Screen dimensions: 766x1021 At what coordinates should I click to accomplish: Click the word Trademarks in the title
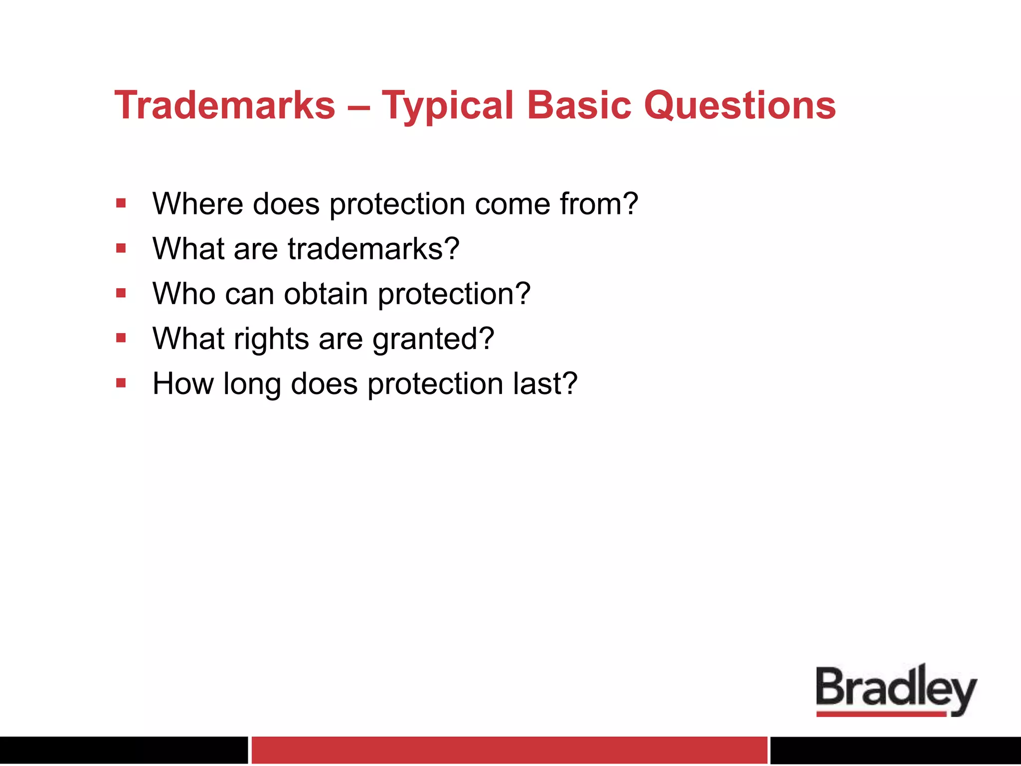click(x=225, y=105)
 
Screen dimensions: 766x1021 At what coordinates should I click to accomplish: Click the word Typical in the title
click(x=447, y=106)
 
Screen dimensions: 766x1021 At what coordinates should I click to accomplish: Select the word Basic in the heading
click(x=579, y=105)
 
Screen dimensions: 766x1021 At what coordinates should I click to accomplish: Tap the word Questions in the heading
click(x=740, y=106)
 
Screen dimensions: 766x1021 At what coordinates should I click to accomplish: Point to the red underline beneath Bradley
click(x=881, y=714)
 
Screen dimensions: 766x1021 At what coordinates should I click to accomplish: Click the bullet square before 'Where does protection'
click(x=121, y=203)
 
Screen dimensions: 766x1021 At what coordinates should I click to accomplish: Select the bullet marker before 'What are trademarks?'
click(x=121, y=248)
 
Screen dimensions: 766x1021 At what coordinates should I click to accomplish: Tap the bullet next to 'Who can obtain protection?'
click(x=121, y=293)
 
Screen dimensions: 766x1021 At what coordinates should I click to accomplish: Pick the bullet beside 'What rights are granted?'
click(x=121, y=338)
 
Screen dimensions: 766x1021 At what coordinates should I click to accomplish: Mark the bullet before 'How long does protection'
click(x=121, y=383)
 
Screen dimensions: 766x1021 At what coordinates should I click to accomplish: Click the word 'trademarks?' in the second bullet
click(x=373, y=249)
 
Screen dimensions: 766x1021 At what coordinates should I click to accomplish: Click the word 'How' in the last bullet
click(x=182, y=384)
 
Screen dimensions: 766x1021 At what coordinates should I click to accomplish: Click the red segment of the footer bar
click(x=509, y=750)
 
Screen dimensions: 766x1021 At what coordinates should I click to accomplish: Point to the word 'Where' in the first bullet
click(x=197, y=204)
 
